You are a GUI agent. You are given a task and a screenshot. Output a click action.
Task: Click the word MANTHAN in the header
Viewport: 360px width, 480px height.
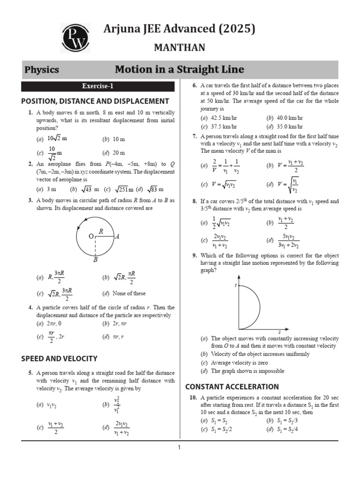180,48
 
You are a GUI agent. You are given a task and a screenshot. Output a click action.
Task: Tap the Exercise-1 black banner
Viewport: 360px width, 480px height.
97,86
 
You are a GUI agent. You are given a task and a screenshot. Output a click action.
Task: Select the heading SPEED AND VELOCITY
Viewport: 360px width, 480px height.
60,359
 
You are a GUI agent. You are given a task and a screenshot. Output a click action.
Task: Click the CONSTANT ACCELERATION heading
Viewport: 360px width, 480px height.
232,387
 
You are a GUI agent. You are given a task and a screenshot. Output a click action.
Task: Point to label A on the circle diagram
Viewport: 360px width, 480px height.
117,237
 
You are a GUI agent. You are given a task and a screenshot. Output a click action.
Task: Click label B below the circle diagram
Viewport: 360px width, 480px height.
95,259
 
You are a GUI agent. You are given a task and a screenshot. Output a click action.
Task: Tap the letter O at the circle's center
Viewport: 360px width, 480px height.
91,237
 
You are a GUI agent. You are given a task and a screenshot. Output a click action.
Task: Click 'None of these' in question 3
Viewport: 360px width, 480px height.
129,293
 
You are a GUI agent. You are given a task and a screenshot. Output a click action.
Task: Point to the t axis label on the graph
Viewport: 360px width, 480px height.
235,285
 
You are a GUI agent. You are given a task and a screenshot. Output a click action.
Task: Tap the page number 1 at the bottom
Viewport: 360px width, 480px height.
179,448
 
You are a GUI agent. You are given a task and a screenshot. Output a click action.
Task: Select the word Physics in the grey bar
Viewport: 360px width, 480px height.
42,70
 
